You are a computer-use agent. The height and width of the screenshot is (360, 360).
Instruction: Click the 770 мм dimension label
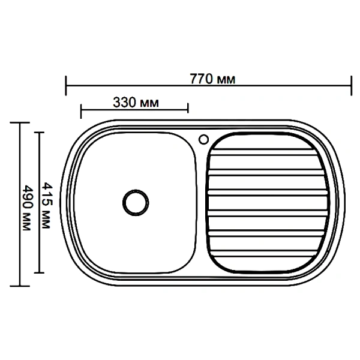click(212, 79)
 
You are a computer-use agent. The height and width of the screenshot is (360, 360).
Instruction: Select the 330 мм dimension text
click(136, 103)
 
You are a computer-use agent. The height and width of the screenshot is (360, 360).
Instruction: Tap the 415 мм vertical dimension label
click(47, 205)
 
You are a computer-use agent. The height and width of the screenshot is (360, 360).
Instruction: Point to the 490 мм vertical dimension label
click(28, 208)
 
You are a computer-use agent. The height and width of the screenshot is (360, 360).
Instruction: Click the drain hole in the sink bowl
click(136, 203)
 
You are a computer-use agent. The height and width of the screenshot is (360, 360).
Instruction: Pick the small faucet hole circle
click(203, 139)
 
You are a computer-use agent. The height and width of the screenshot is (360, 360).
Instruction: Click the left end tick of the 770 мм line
click(66, 85)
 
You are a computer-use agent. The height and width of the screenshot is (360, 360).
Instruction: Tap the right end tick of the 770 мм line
click(351, 85)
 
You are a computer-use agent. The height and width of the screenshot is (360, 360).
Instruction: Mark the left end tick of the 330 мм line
click(81, 111)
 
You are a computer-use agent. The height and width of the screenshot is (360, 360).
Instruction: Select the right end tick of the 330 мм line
click(188, 108)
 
